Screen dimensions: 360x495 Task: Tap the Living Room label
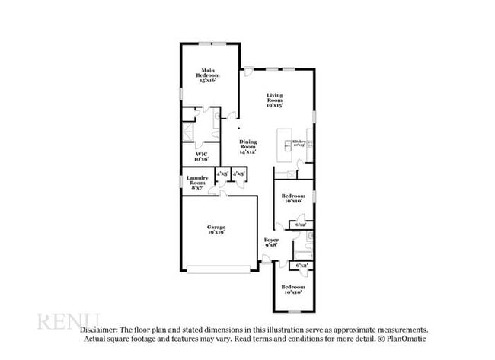click(x=274, y=97)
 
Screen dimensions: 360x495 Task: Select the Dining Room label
click(x=248, y=142)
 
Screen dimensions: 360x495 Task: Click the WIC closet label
click(x=201, y=155)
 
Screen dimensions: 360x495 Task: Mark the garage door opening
click(x=219, y=268)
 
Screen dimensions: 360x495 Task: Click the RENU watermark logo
click(x=69, y=320)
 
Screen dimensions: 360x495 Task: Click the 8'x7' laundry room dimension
click(x=198, y=187)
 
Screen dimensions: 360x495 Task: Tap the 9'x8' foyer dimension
click(x=271, y=246)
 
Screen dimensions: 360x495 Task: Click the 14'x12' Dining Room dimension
click(x=248, y=151)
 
